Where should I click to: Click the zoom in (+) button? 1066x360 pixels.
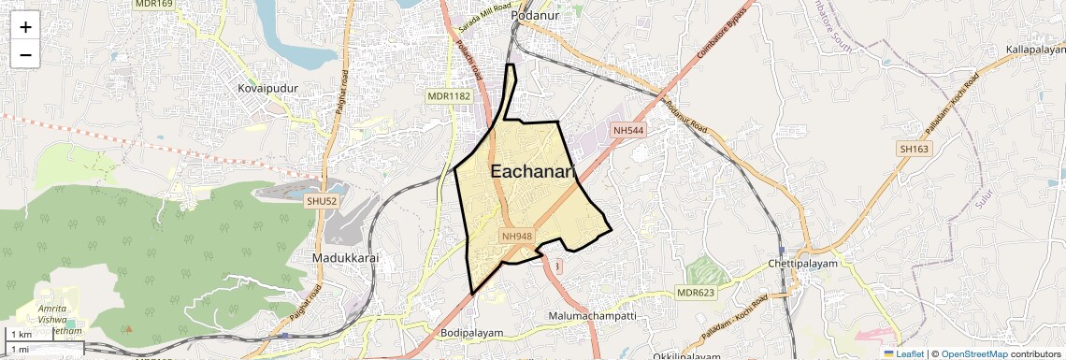coord(25,26)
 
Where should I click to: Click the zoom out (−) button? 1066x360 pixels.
coord(25,54)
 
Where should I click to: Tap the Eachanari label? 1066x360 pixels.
coord(531,172)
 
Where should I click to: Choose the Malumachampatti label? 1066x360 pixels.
coord(592,316)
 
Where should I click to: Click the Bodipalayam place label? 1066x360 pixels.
coord(471,333)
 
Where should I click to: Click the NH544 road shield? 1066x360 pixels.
coord(628,130)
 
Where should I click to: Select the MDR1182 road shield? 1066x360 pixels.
coord(449,96)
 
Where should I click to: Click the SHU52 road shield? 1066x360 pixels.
coord(321,200)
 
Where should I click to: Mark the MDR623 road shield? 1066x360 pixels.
coord(696,293)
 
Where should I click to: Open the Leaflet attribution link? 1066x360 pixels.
coord(903,353)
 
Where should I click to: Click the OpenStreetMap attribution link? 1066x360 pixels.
coord(973,353)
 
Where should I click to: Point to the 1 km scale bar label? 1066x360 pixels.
coord(21,335)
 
